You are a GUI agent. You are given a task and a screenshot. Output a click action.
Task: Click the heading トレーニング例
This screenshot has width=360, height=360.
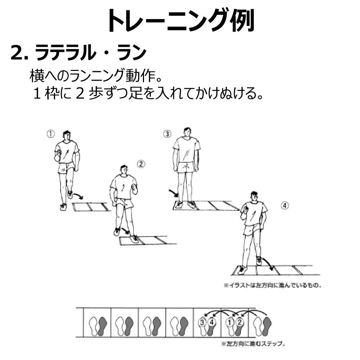(x=181, y=21)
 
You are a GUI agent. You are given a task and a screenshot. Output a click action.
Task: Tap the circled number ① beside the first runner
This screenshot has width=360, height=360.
(x=51, y=134)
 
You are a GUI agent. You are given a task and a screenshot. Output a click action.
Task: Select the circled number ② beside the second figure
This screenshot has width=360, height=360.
(x=141, y=164)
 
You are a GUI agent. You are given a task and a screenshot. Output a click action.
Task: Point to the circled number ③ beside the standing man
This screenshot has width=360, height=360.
(x=167, y=134)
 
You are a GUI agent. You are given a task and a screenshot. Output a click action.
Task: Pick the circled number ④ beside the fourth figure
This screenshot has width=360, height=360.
(x=285, y=206)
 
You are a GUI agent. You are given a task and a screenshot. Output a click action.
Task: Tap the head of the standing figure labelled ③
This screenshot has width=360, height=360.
(x=187, y=132)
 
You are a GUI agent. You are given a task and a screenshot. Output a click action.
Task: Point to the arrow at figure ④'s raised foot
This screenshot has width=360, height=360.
(x=268, y=264)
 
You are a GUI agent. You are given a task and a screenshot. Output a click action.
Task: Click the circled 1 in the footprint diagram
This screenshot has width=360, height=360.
(x=229, y=323)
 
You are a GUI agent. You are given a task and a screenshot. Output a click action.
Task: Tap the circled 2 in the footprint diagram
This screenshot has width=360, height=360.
(x=239, y=322)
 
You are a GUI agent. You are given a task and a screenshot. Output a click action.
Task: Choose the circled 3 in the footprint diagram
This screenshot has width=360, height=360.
(x=202, y=322)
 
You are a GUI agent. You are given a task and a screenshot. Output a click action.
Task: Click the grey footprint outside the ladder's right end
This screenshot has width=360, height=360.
(x=267, y=326)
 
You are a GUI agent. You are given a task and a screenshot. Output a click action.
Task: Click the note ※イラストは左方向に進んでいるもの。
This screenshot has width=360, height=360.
(x=273, y=285)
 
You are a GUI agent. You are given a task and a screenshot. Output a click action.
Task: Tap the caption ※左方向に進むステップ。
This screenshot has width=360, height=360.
(x=253, y=344)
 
